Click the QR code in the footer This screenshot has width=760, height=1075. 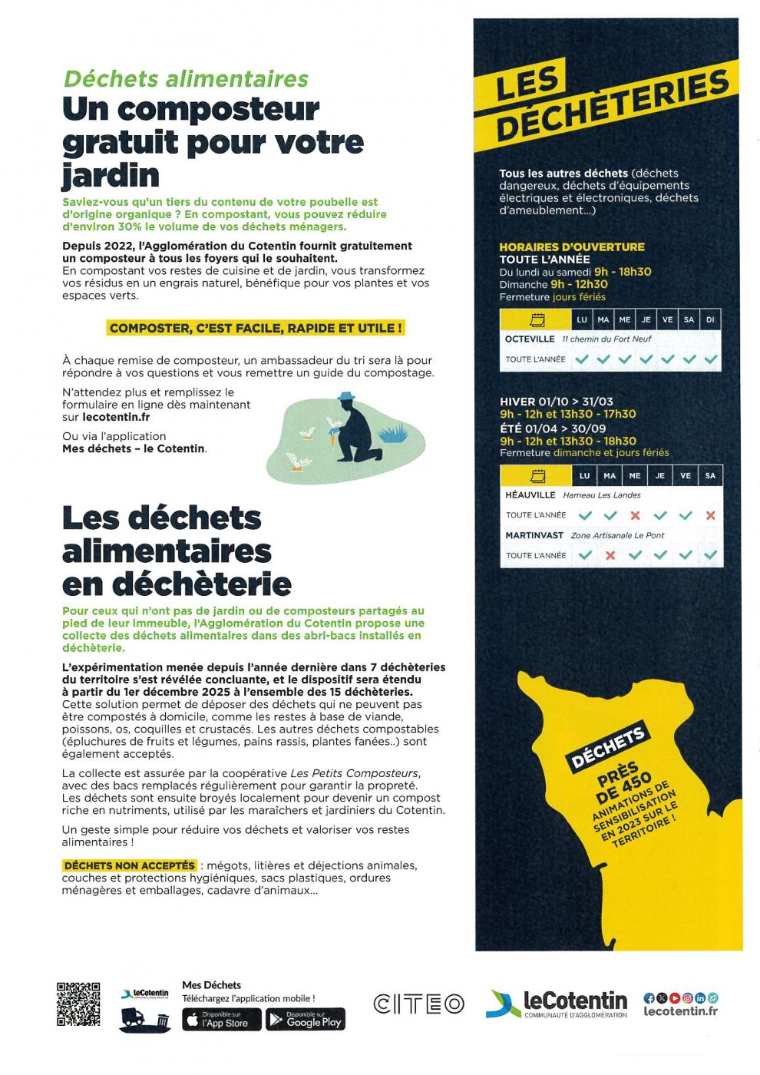tap(78, 1004)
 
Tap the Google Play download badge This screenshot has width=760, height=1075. tap(306, 1019)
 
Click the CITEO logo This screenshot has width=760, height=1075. tap(419, 1004)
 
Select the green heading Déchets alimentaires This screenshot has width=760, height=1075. tap(186, 79)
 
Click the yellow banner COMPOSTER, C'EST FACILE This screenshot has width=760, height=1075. tap(256, 329)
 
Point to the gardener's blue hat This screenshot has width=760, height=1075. tap(347, 396)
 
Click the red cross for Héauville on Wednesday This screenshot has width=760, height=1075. tap(635, 515)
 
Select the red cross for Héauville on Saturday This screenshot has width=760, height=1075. tap(710, 515)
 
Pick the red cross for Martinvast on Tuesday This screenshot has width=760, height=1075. tap(610, 555)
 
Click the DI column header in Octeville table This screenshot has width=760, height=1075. tap(710, 319)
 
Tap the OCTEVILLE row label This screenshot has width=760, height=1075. tap(530, 339)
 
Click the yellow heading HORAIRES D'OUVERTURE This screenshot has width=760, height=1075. tap(572, 246)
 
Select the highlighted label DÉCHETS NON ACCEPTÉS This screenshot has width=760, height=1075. tap(130, 865)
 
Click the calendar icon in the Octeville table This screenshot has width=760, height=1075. tap(537, 319)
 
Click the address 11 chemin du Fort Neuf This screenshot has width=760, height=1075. tap(606, 339)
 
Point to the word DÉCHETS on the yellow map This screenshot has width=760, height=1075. tap(608, 749)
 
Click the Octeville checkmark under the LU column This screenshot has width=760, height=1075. tap(583, 359)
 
